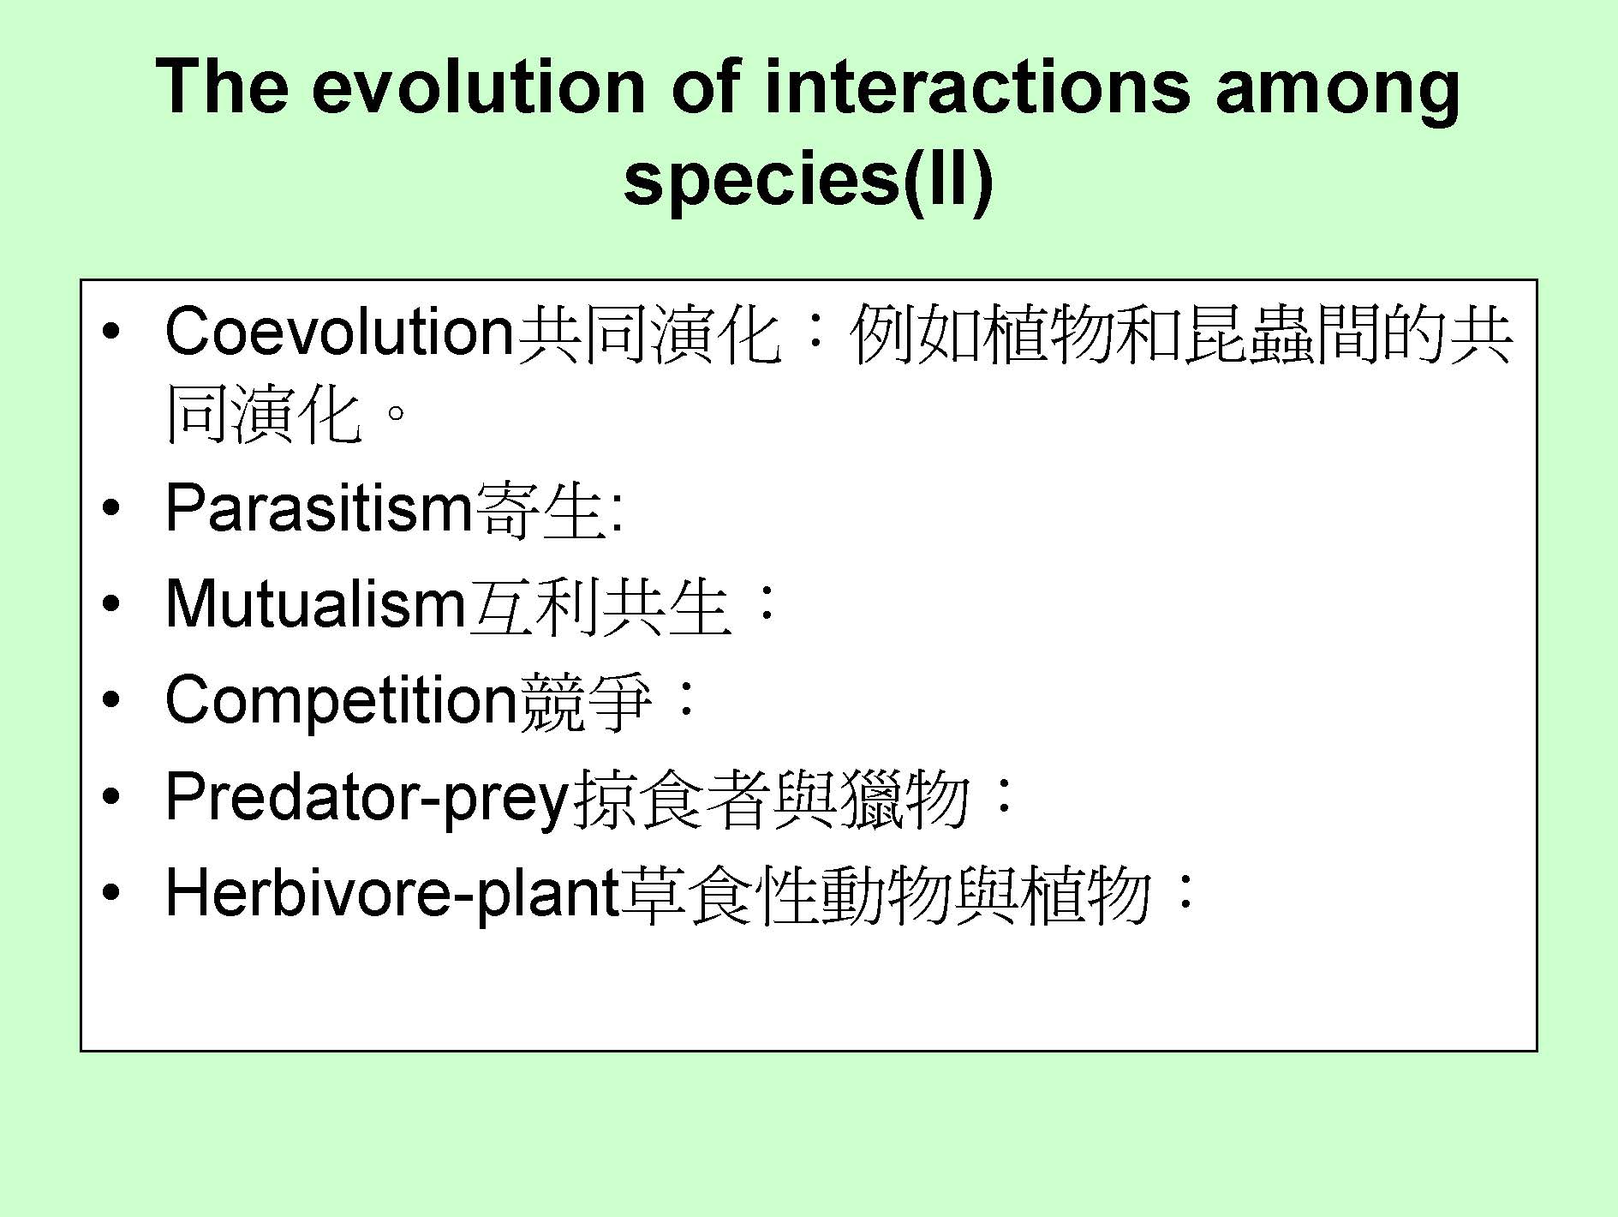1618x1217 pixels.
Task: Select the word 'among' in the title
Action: pyautogui.click(x=1337, y=94)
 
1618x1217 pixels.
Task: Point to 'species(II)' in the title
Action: pyautogui.click(x=809, y=182)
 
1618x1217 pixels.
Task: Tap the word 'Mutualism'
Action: pyautogui.click(x=315, y=603)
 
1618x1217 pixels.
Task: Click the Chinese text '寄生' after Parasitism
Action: pyautogui.click(x=539, y=509)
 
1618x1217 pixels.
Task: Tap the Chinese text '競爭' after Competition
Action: pyautogui.click(x=585, y=701)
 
